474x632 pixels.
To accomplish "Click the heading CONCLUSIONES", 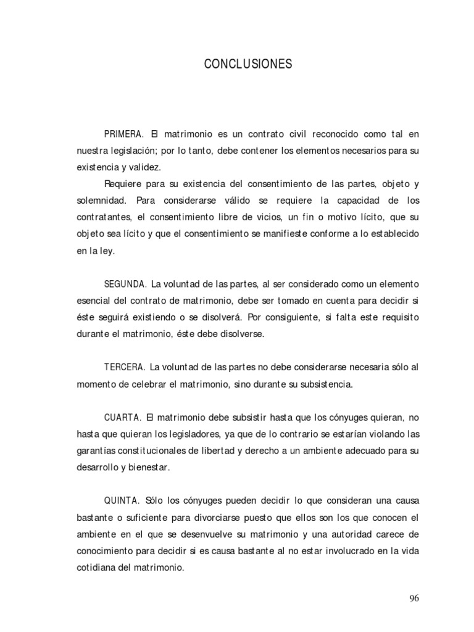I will tap(247, 64).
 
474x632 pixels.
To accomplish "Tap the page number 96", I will tap(414, 598).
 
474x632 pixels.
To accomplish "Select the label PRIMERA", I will tap(124, 133).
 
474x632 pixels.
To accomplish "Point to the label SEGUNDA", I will tap(125, 284).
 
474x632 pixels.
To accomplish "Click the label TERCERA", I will tap(125, 367).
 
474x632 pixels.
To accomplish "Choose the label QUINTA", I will tap(123, 501).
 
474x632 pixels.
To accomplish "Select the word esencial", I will tap(96, 301).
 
